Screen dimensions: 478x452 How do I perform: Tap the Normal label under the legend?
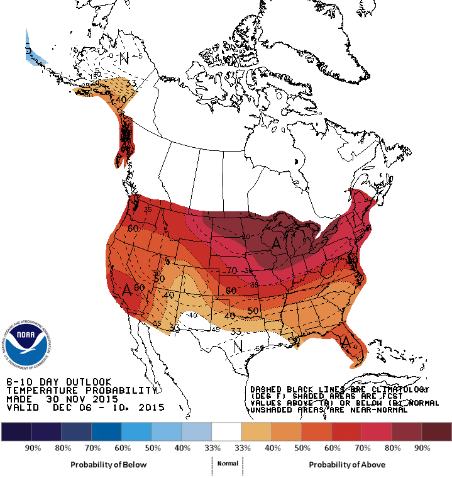tap(227, 464)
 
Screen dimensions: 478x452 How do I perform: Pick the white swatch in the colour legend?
tap(227, 431)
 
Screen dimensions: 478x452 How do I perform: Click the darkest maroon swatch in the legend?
tap(436, 431)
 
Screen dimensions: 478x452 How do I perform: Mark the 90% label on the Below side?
tap(33, 448)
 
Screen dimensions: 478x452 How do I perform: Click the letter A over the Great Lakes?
tap(275, 241)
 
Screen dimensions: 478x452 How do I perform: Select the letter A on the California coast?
tap(127, 290)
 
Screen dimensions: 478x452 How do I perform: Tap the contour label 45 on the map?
tap(214, 328)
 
